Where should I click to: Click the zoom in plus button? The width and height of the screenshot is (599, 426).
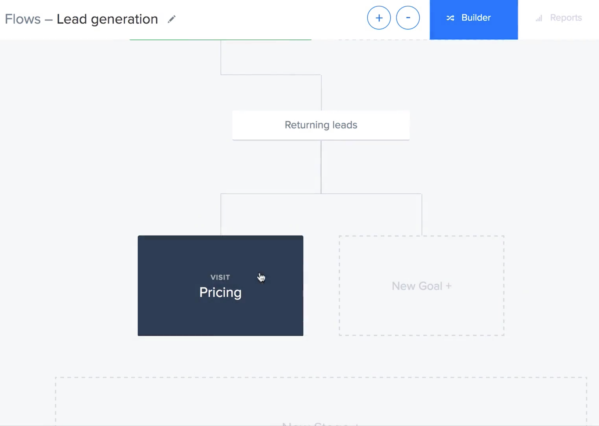(379, 18)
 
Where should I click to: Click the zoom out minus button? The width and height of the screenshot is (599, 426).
(408, 18)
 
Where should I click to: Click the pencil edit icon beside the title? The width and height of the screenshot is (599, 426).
(171, 19)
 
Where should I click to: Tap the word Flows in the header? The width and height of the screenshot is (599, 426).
(22, 19)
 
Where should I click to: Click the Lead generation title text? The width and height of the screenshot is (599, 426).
(107, 19)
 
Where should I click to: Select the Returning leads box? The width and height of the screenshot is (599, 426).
(321, 125)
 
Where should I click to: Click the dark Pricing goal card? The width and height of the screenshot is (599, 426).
(220, 311)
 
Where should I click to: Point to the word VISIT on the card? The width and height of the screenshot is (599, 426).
(220, 277)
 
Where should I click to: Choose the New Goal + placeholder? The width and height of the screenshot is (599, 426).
(422, 286)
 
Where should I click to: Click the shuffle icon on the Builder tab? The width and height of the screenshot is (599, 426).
(450, 18)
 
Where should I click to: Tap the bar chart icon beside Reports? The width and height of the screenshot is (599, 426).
(539, 18)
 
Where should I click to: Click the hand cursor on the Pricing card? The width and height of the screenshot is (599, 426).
(261, 278)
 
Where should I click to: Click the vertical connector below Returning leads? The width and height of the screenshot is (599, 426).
(321, 167)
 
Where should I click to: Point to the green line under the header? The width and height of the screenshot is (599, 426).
(220, 39)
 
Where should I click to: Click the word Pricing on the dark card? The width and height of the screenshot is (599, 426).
(220, 292)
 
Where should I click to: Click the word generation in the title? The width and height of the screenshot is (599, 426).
(124, 19)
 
